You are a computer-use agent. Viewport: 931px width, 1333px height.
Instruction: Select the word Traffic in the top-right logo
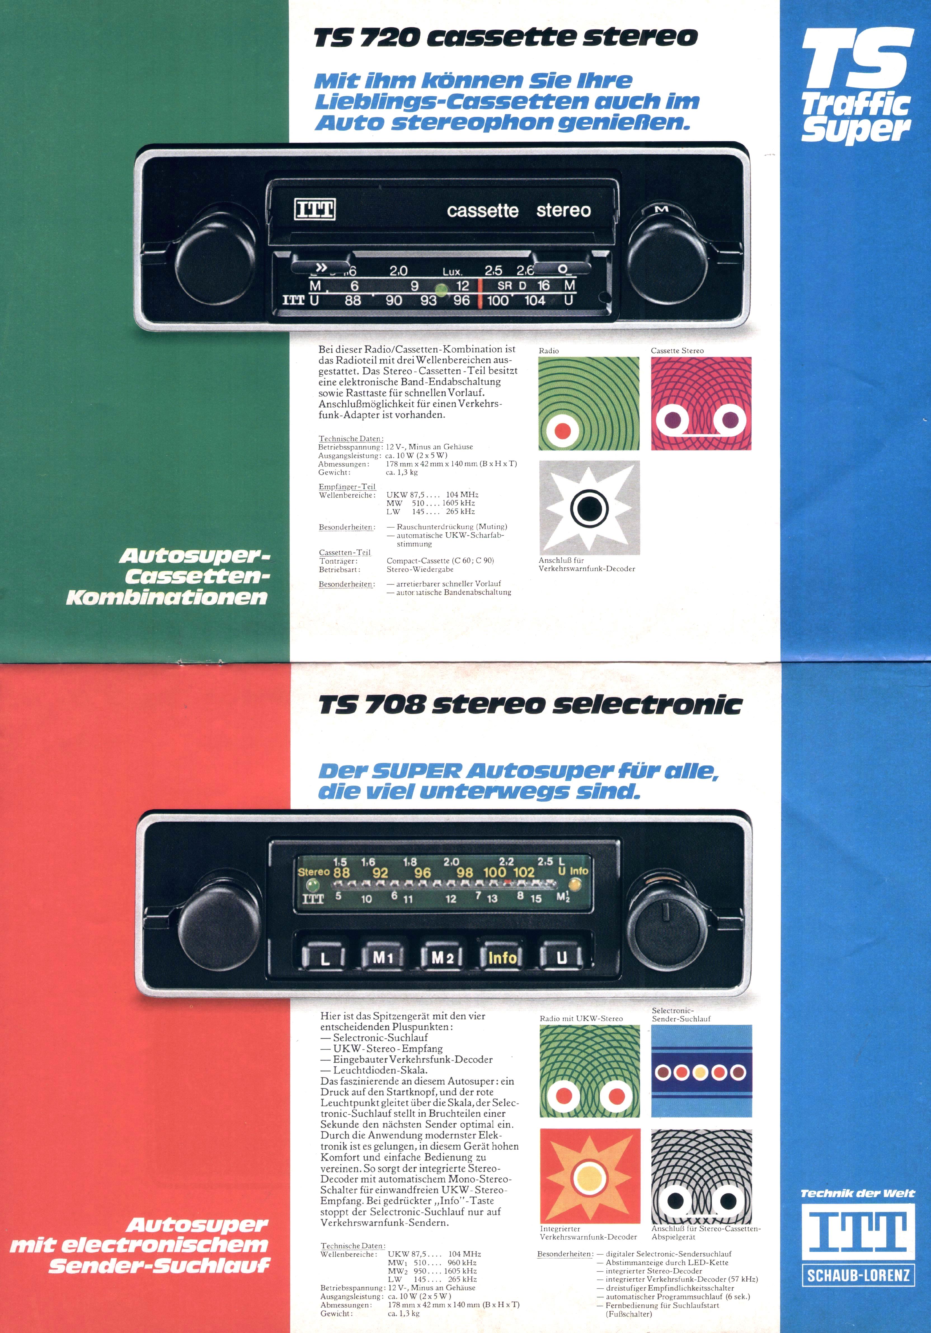[855, 105]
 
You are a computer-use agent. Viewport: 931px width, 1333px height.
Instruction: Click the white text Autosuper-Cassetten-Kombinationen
[168, 576]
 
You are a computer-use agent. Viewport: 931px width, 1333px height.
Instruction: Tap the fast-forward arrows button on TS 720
[321, 268]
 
